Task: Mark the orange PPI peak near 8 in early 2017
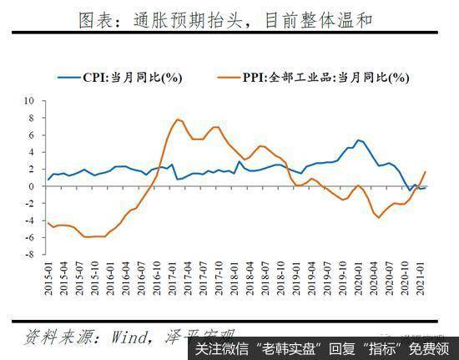pos(179,119)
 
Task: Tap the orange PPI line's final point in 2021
pos(426,172)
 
